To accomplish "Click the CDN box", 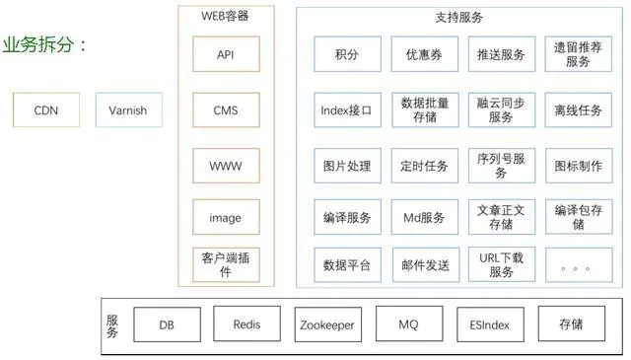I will pos(45,110).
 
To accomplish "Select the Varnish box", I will pos(127,110).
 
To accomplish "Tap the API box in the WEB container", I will pos(226,55).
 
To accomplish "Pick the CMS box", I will pos(226,110).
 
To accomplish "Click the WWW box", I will pos(226,165).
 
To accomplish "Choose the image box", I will pos(226,218).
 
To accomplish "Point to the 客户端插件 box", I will pos(226,264).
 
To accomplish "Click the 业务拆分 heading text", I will pos(44,44).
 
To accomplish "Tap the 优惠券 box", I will pos(425,55).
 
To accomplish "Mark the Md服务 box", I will pos(425,218).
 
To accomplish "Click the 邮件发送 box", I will pos(425,264).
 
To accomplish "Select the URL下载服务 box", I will pos(501,264).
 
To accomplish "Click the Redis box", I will pos(246,324).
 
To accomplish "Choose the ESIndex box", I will pos(491,324).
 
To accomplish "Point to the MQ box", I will pos(408,324).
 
